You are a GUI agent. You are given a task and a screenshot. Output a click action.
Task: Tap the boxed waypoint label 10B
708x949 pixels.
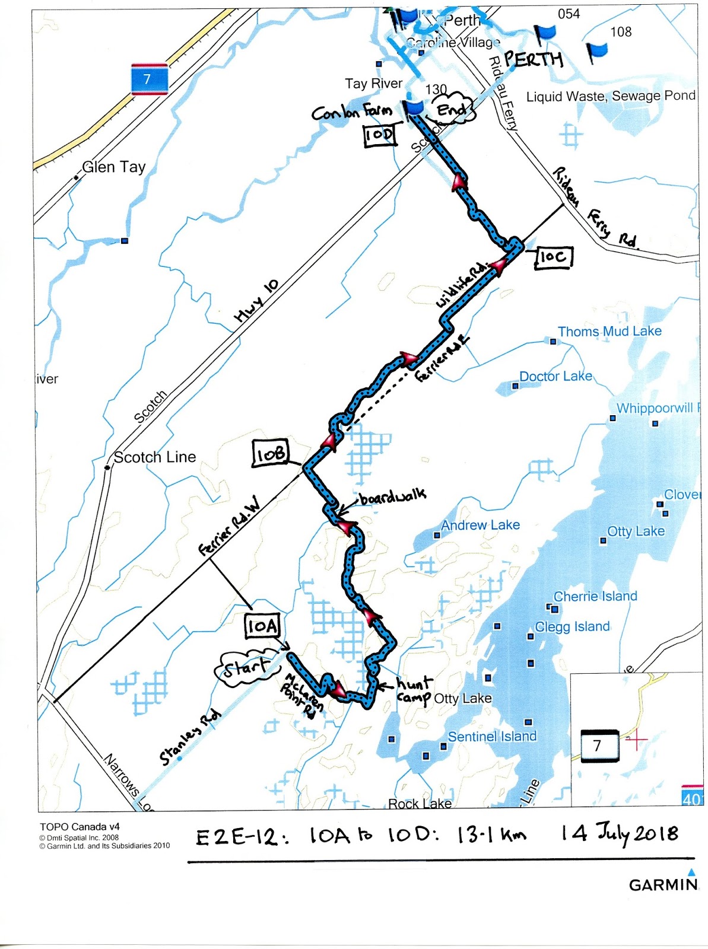pos(270,454)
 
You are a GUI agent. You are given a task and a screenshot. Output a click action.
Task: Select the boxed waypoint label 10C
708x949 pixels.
pos(553,257)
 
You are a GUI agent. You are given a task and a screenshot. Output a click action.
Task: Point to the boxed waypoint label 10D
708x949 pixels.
pos(379,135)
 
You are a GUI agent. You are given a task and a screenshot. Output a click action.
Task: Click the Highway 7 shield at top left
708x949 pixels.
pos(148,79)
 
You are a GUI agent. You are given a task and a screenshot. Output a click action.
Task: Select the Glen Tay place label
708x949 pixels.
pos(113,167)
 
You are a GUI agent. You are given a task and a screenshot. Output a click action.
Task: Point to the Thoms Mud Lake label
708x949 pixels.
pos(609,332)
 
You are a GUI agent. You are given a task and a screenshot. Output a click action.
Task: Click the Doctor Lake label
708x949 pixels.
pos(555,377)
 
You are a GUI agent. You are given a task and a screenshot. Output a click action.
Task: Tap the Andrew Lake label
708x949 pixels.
pos(480,526)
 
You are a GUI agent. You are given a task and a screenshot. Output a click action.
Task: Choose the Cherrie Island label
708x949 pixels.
pos(595,597)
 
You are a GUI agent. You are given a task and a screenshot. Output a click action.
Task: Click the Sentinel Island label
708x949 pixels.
pos(492,737)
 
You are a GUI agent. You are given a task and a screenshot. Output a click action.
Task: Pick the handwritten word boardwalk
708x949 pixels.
pos(392,496)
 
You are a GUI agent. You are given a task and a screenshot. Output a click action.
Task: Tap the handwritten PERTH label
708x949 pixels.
pos(533,59)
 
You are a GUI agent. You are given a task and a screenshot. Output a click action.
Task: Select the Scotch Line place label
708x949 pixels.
pos(154,457)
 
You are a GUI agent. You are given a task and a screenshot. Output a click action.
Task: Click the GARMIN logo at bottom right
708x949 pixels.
pos(663,884)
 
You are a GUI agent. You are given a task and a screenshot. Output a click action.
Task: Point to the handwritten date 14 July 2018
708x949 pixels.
pos(620,834)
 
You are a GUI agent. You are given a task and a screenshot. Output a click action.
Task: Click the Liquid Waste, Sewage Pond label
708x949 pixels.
pos(611,96)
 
